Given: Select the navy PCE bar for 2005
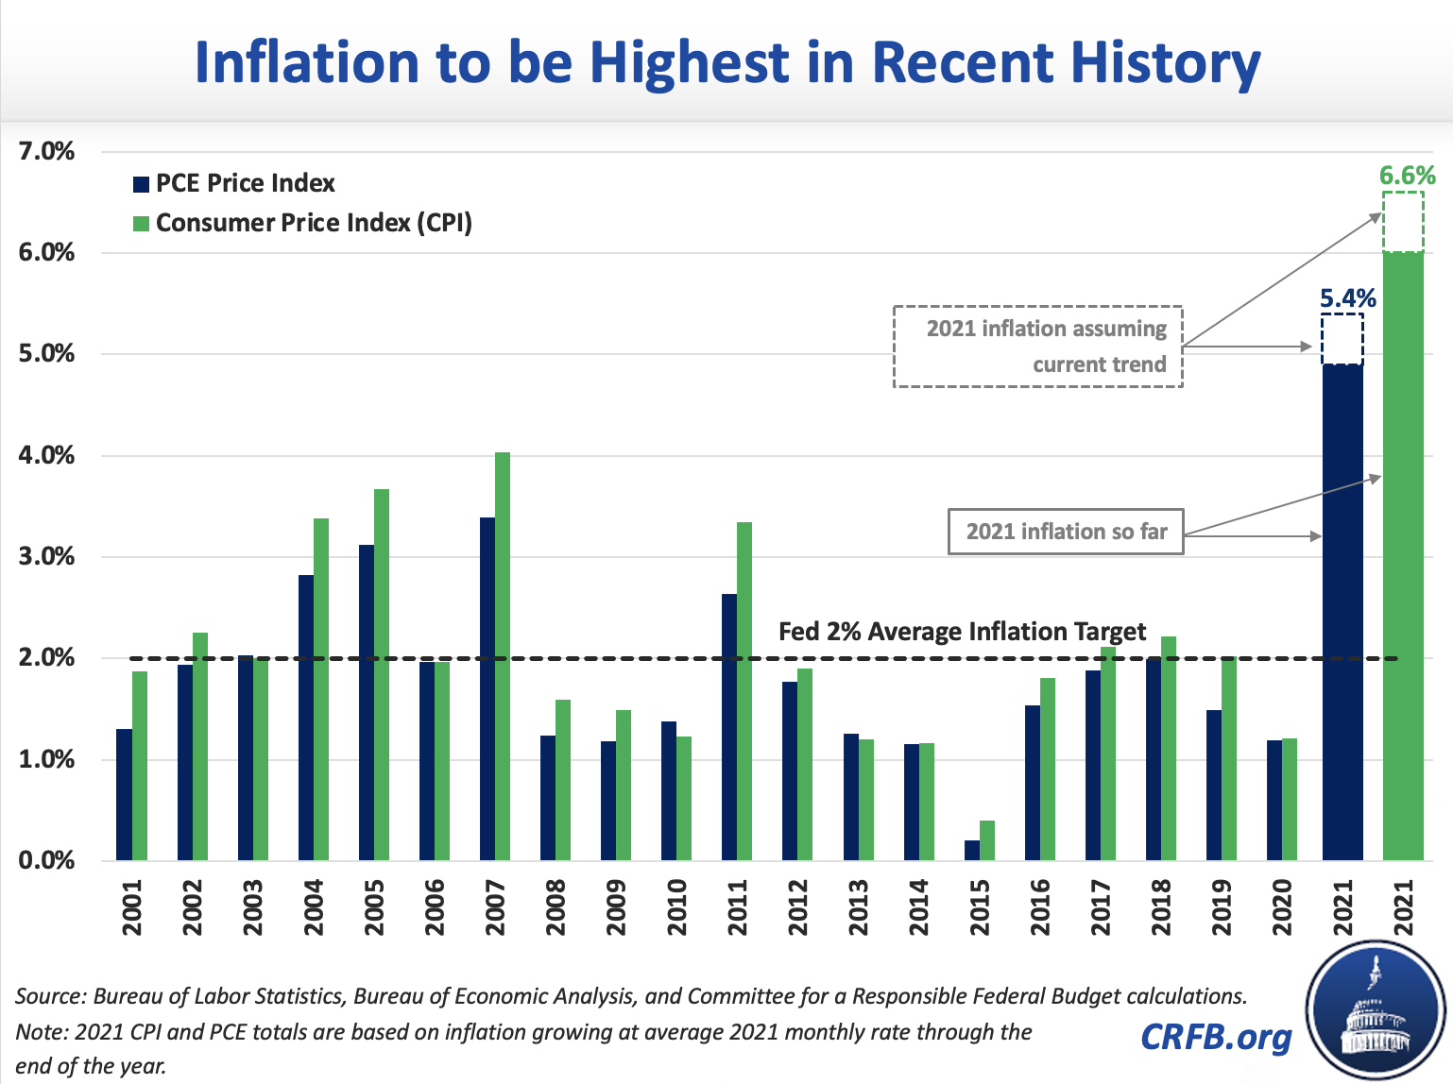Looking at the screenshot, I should (x=367, y=703).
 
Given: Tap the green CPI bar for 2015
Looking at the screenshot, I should (x=987, y=840).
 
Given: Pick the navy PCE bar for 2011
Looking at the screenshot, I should (x=729, y=727).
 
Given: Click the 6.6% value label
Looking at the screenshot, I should (x=1407, y=176).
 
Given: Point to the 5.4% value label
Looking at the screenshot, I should (x=1347, y=298).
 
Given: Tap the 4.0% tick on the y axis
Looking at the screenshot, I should (x=46, y=455).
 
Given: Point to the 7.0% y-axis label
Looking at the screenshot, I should (x=46, y=151).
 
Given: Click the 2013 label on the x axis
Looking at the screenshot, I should (x=859, y=907).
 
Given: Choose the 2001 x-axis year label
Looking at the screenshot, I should (x=132, y=907).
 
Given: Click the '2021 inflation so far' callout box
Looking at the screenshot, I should (x=1066, y=532).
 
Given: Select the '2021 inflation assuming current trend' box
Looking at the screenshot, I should (x=1038, y=347).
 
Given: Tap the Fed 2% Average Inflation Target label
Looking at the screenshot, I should (x=962, y=632).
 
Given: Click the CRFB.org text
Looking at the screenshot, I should (x=1216, y=1037).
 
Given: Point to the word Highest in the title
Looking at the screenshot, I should (x=689, y=62).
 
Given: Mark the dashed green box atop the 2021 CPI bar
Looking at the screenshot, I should (x=1403, y=222).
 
